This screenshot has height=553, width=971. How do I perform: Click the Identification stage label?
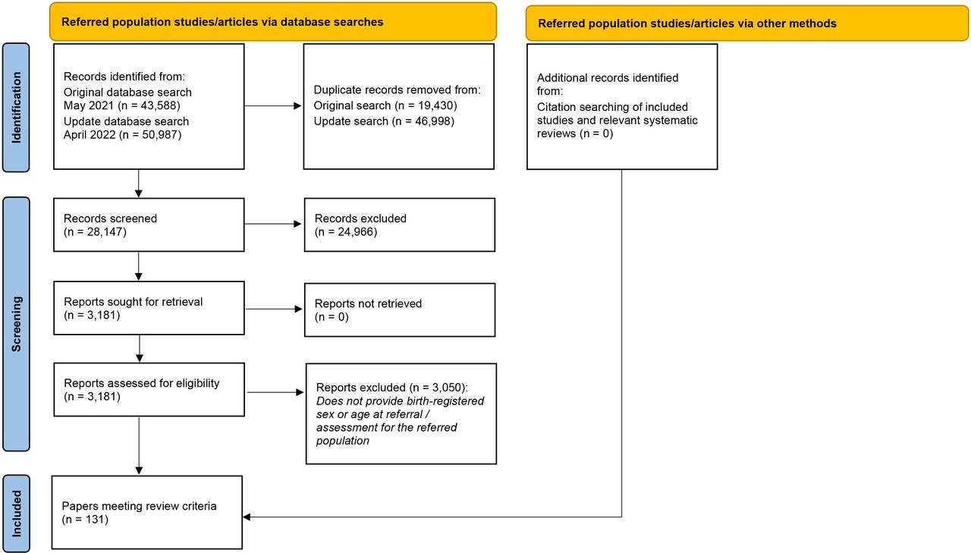(x=16, y=108)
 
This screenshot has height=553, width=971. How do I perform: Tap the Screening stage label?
(x=16, y=324)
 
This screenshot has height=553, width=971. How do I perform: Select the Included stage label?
(x=16, y=514)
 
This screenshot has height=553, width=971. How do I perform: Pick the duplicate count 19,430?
(x=435, y=105)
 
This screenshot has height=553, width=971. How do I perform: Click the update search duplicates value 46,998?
(x=432, y=121)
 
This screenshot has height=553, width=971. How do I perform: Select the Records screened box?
(x=149, y=225)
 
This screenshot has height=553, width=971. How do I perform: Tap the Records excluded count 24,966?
(x=357, y=232)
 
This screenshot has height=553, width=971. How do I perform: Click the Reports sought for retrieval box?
(x=149, y=308)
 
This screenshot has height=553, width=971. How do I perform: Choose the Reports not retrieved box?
(x=400, y=309)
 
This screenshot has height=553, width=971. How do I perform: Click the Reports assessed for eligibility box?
(x=149, y=390)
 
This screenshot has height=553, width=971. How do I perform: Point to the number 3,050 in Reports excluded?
(x=447, y=388)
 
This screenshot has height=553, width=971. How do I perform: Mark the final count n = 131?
(x=85, y=519)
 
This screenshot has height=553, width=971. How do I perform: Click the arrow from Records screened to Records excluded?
(x=272, y=224)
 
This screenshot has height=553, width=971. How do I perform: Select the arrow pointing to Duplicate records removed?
(x=272, y=105)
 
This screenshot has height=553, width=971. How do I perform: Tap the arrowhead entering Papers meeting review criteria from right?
(x=247, y=517)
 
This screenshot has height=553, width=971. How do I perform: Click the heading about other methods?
(x=687, y=24)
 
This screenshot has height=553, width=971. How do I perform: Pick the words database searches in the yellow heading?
(x=332, y=22)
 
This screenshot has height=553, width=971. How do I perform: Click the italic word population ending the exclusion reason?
(x=342, y=441)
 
